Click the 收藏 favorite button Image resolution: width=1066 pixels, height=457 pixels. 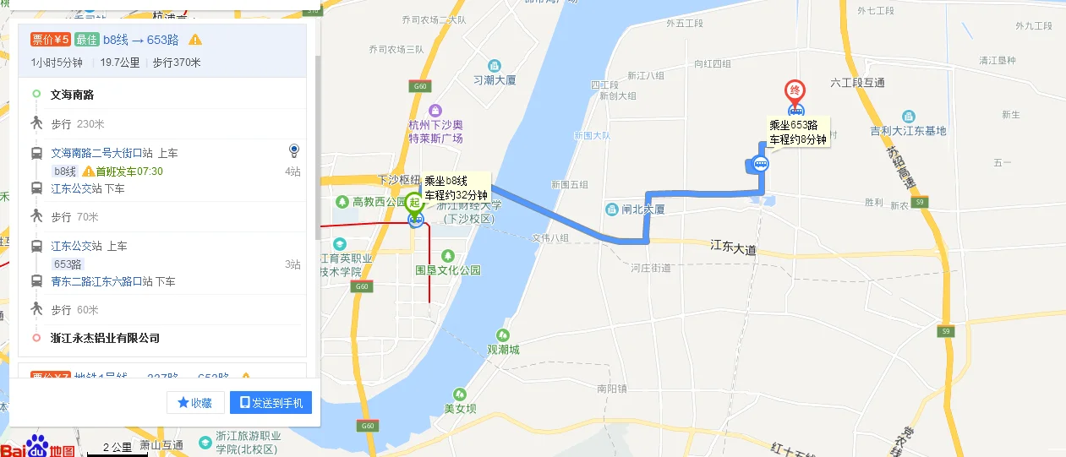(x=195, y=403)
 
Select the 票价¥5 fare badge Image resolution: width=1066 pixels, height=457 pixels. (x=50, y=39)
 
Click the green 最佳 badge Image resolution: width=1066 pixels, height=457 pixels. (x=87, y=39)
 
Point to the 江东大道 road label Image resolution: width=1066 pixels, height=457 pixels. (x=733, y=246)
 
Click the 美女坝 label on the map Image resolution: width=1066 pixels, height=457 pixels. (x=461, y=409)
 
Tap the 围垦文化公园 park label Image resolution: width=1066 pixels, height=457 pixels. (x=448, y=270)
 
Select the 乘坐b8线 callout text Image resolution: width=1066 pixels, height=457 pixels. (x=446, y=181)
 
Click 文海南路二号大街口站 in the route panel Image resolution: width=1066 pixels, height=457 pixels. (x=114, y=153)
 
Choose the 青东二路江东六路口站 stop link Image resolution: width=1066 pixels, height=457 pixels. (x=113, y=281)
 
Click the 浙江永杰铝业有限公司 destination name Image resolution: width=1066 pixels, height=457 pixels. (x=105, y=338)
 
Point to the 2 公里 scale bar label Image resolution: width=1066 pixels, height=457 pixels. (x=117, y=447)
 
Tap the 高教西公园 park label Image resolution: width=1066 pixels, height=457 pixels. (x=380, y=202)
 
